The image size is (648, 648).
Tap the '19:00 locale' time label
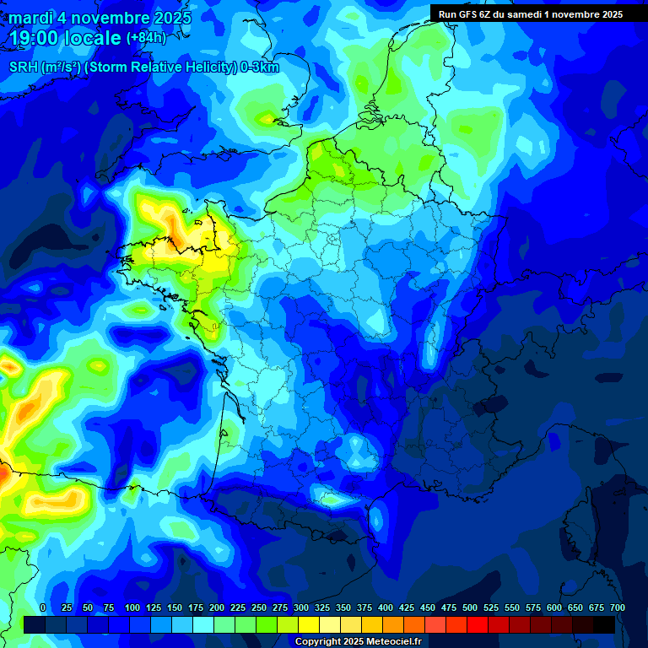pos(66,39)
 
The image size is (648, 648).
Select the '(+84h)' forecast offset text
pos(146,38)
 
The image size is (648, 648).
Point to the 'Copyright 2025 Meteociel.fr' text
pos(359,641)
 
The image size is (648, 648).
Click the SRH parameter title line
pos(143,67)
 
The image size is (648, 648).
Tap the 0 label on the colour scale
pos(43,607)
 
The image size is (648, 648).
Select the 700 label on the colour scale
pos(617,607)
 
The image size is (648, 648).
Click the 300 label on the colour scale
pos(301,607)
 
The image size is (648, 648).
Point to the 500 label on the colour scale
pos(470,607)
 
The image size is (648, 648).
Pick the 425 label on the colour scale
pos(407,607)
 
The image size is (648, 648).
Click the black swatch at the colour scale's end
pos(604,624)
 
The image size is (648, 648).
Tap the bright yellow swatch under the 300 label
pos(309,624)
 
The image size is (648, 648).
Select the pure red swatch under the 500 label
pos(478,624)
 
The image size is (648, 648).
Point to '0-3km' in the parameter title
pos(261,67)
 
